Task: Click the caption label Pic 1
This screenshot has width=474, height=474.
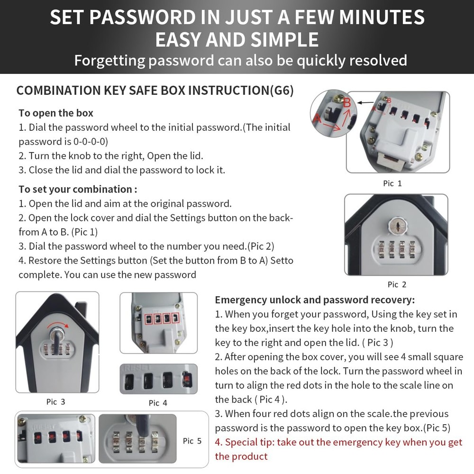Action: (x=392, y=183)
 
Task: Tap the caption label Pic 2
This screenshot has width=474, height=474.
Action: (x=397, y=284)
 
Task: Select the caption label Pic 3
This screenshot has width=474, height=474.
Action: (x=55, y=401)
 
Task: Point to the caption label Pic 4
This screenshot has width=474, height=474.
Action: (x=158, y=402)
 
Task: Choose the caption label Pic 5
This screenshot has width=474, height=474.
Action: (x=192, y=441)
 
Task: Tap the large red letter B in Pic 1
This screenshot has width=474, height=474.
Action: (x=347, y=102)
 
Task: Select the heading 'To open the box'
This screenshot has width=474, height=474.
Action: (x=56, y=113)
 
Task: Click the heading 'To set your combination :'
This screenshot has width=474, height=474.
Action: (x=78, y=189)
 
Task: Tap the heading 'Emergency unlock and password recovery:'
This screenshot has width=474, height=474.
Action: (x=315, y=300)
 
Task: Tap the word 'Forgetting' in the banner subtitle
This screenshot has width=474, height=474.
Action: (x=109, y=60)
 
